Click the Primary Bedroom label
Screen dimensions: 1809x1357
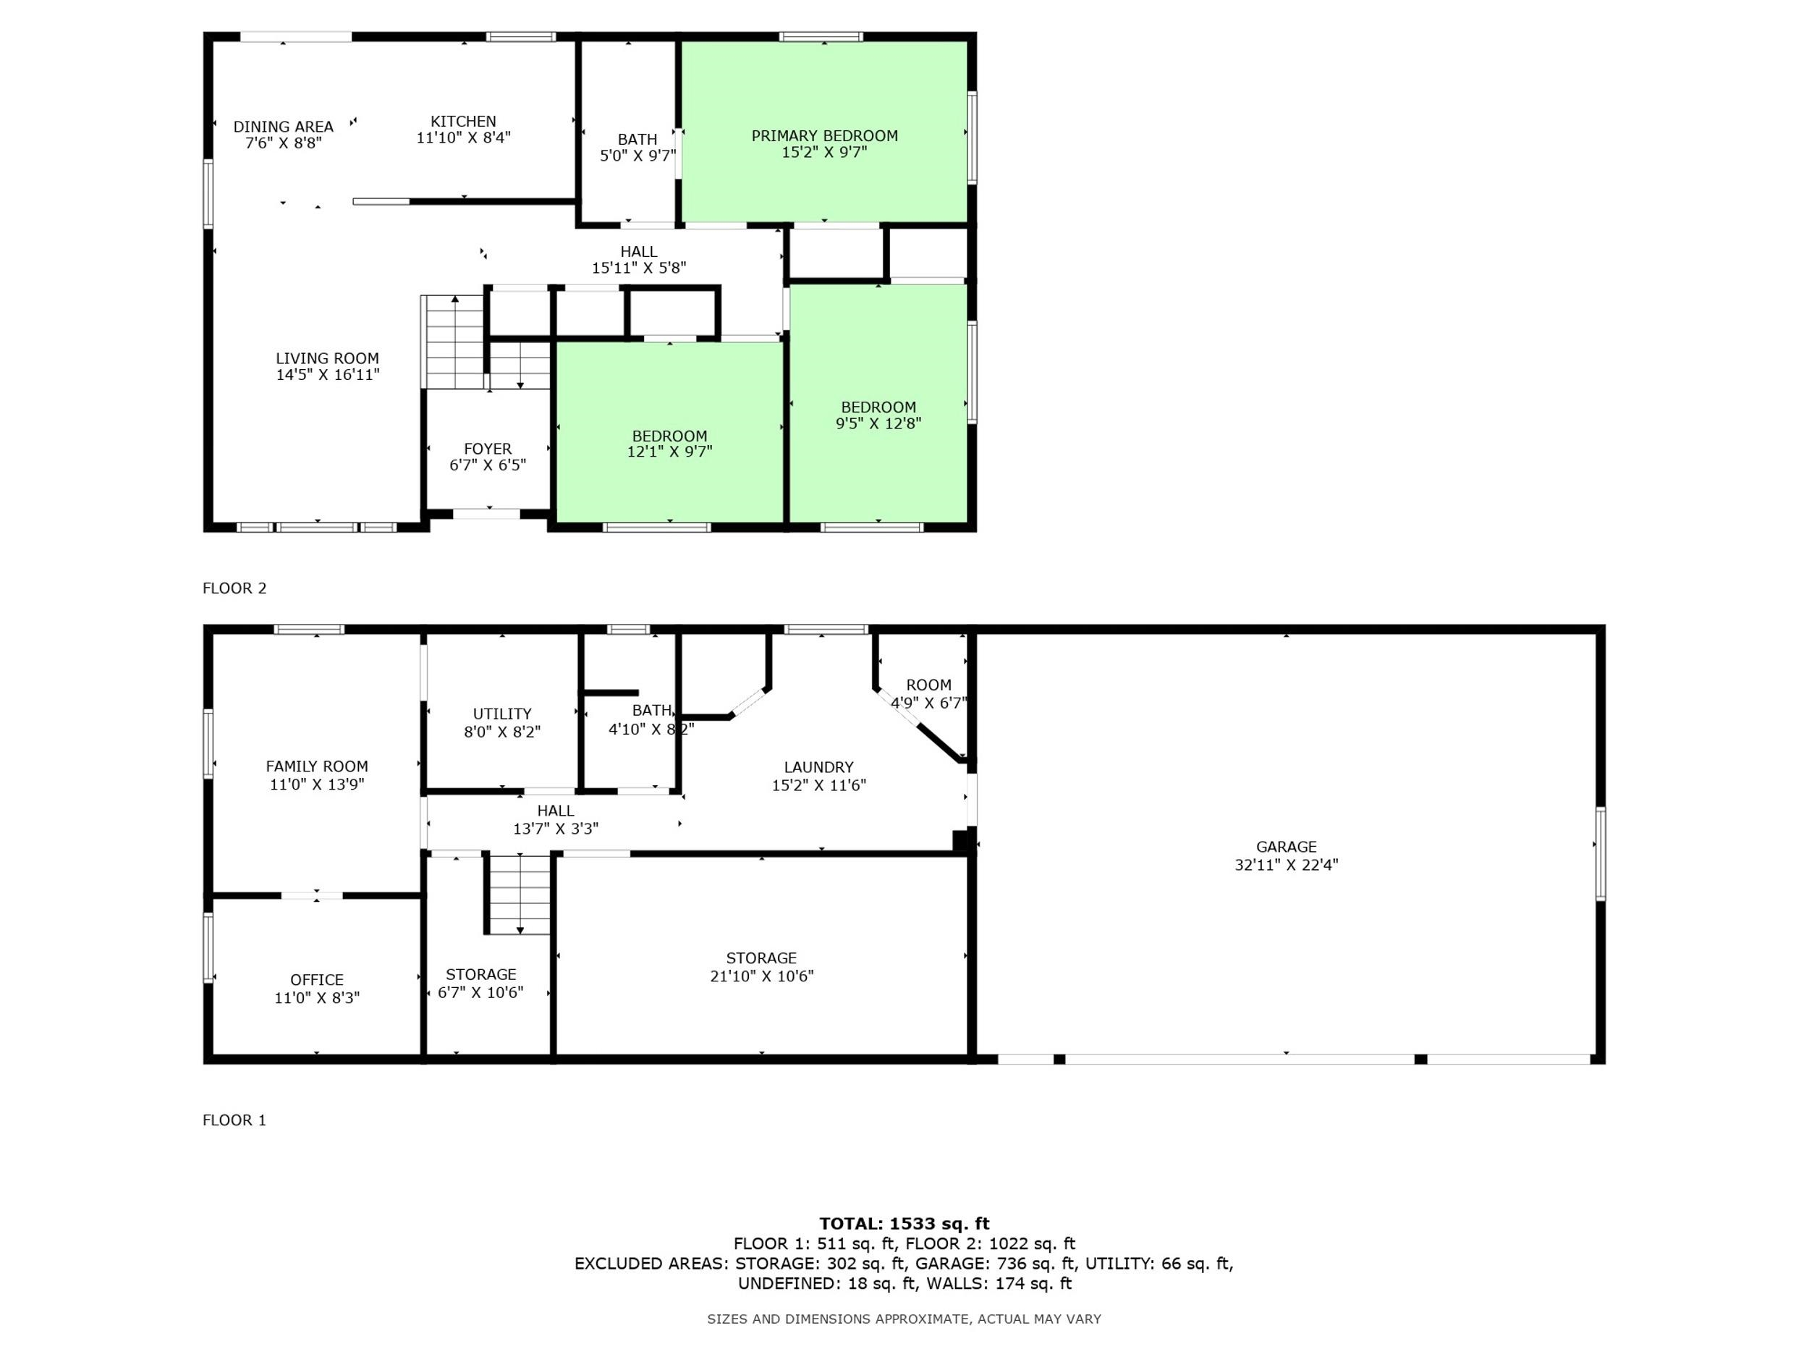click(824, 136)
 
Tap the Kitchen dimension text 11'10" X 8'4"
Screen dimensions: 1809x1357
click(464, 138)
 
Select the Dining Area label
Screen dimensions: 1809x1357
click(283, 127)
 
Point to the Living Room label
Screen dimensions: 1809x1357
click(327, 358)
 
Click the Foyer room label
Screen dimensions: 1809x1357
click(488, 449)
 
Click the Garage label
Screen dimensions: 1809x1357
click(1287, 847)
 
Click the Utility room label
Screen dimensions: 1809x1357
click(502, 714)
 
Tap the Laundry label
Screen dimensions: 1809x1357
click(818, 767)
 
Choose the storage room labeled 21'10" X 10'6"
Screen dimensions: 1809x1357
click(761, 955)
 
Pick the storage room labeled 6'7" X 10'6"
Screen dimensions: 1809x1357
click(488, 955)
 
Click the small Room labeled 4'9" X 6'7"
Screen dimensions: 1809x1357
click(928, 685)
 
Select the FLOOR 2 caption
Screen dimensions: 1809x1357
click(234, 588)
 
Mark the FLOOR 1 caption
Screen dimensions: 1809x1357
click(234, 1120)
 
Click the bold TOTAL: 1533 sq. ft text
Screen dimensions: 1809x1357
click(904, 1224)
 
